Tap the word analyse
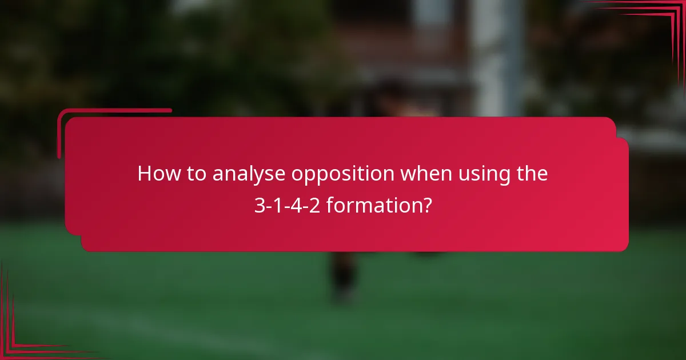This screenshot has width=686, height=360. coord(249,174)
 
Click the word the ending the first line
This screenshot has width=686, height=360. coord(531,174)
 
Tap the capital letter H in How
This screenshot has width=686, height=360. coord(144,174)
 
